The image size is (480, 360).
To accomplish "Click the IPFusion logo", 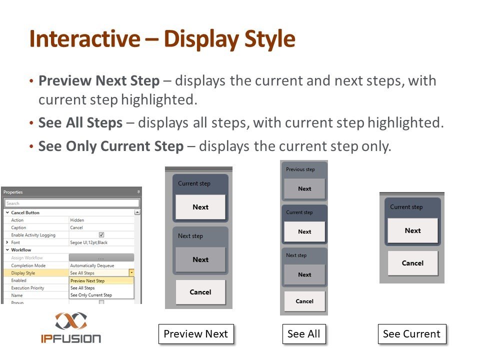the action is [71, 327].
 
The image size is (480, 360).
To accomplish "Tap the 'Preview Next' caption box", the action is [196, 334].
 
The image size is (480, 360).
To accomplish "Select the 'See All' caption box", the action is [304, 334].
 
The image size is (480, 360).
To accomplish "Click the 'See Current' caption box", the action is [412, 334].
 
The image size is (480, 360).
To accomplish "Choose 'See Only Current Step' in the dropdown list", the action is [91, 295].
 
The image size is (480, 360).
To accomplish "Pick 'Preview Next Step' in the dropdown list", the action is [87, 280].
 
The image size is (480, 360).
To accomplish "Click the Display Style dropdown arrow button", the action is [131, 272].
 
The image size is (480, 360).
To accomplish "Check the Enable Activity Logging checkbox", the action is [101, 235].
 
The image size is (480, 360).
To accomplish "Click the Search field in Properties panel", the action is [72, 203].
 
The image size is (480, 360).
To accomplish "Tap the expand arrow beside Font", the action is [7, 242].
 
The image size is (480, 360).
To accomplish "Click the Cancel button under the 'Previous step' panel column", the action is [304, 301].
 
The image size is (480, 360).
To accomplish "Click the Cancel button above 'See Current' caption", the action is [412, 263].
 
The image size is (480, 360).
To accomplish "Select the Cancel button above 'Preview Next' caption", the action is [200, 292].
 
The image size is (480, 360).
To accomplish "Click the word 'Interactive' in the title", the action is [85, 38].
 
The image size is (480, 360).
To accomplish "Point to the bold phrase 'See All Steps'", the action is [80, 123].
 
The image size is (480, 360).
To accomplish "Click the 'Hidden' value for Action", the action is [77, 220].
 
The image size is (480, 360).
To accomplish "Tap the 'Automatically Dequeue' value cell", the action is [92, 265].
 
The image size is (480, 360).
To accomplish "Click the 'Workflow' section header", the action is [21, 250].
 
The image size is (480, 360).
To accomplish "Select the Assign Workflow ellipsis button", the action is [101, 258].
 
